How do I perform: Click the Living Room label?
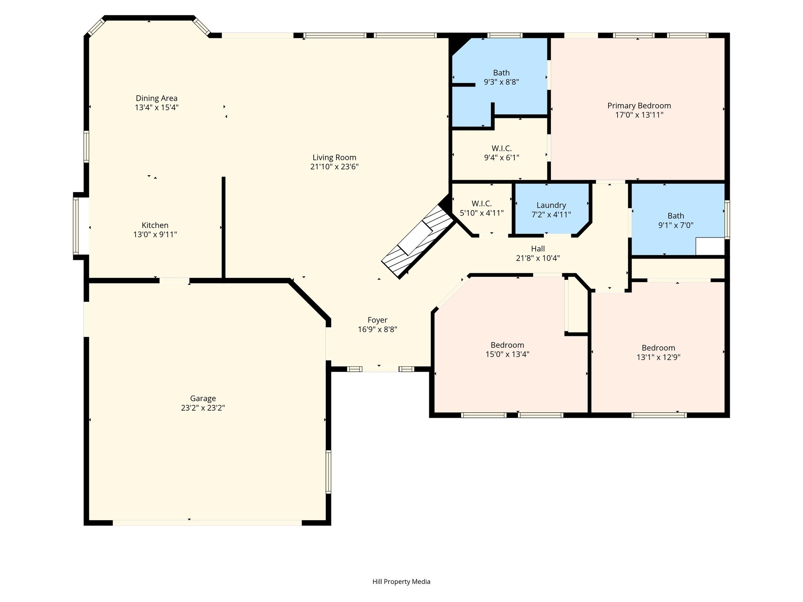[334, 158]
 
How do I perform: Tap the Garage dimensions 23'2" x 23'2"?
[203, 408]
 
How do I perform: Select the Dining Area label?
[156, 98]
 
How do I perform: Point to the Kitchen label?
[155, 225]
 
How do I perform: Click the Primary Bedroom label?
[639, 106]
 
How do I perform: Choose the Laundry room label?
[551, 205]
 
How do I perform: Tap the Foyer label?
[377, 320]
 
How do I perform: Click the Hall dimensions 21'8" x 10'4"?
[538, 258]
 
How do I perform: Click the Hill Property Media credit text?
[401, 582]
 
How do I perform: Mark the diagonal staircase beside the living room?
[418, 241]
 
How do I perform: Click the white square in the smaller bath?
[710, 246]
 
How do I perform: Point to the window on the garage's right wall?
[329, 471]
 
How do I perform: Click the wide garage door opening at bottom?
[207, 523]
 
